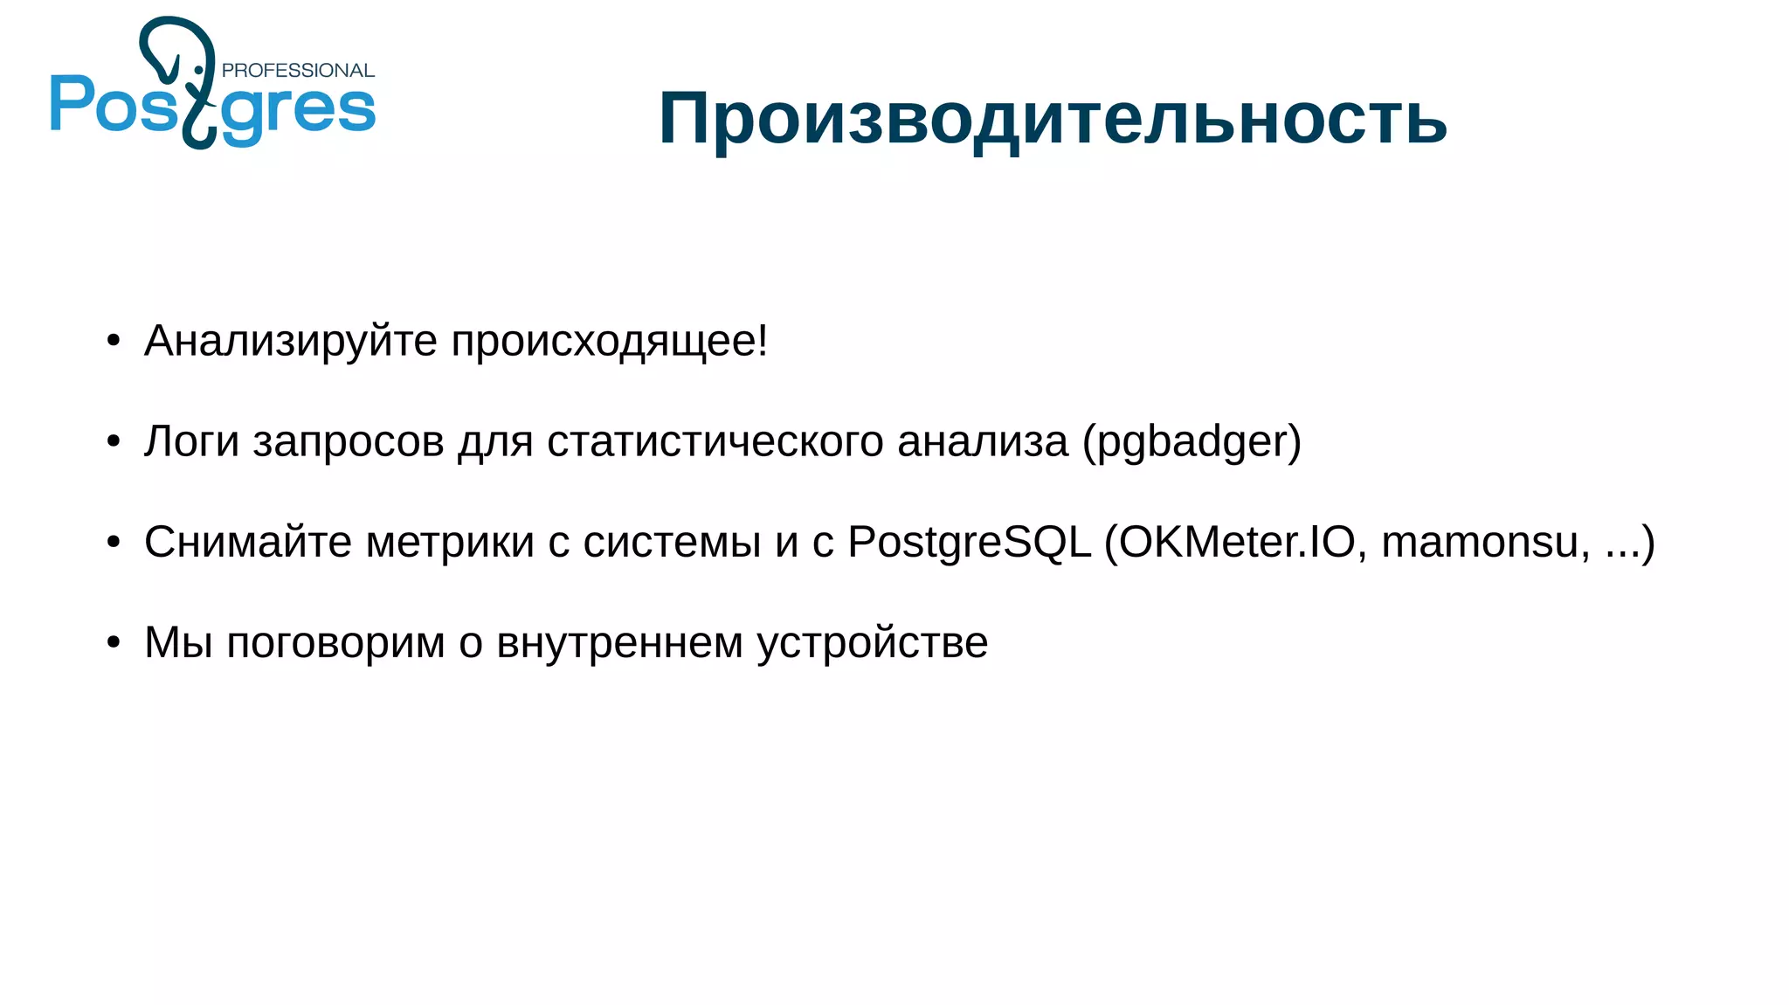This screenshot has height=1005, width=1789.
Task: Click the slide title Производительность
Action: coord(1053,118)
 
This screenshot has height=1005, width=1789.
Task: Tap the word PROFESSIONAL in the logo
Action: coord(298,71)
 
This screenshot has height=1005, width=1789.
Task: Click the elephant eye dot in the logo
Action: coord(199,69)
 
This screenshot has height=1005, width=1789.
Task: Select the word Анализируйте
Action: coord(290,341)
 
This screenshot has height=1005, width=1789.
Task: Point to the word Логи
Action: coord(191,441)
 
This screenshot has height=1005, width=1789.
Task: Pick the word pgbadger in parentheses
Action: coord(1192,442)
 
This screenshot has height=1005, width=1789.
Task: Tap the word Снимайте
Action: coord(247,542)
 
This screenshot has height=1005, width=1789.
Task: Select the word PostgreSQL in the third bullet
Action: coord(970,542)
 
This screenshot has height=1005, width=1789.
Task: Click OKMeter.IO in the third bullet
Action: coord(1237,542)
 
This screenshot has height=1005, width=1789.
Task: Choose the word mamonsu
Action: coord(1480,542)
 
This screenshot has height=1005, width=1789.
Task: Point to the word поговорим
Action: coord(335,643)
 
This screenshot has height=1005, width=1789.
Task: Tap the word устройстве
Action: coord(872,643)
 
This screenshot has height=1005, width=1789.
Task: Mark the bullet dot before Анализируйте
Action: coord(114,342)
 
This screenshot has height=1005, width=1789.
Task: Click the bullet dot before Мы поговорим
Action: coord(114,643)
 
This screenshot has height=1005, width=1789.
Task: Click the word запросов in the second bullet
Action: coord(349,441)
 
